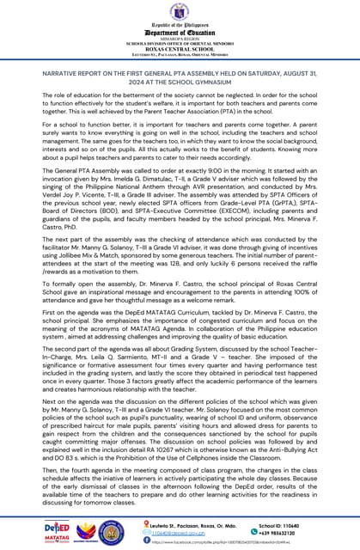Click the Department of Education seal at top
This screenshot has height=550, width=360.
coord(180,14)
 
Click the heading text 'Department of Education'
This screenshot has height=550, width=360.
coord(180,33)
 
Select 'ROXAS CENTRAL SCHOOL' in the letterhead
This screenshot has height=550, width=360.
coord(180,48)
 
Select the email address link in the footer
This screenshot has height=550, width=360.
coord(176,532)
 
